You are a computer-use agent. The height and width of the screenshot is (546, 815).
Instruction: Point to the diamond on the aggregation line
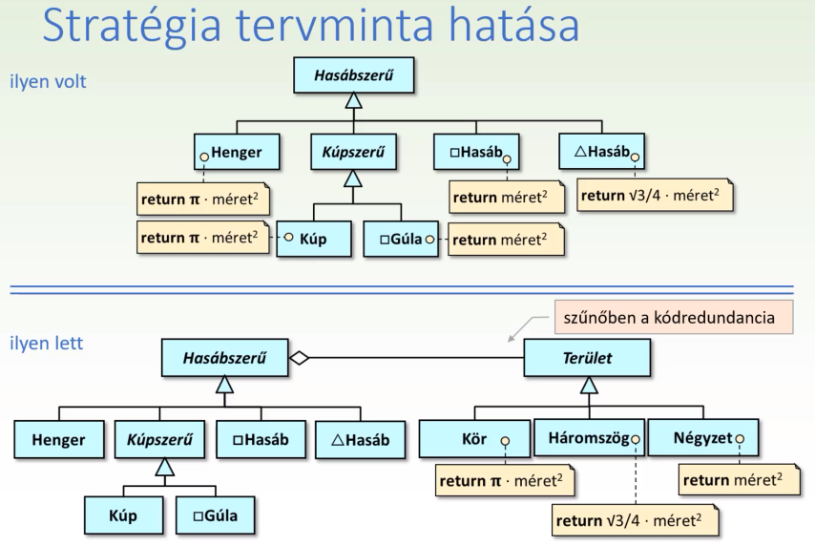coord(300,358)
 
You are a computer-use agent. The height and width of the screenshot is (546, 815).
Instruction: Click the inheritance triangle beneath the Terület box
coord(589,385)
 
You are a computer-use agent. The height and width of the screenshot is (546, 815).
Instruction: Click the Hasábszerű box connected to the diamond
coord(224,358)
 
